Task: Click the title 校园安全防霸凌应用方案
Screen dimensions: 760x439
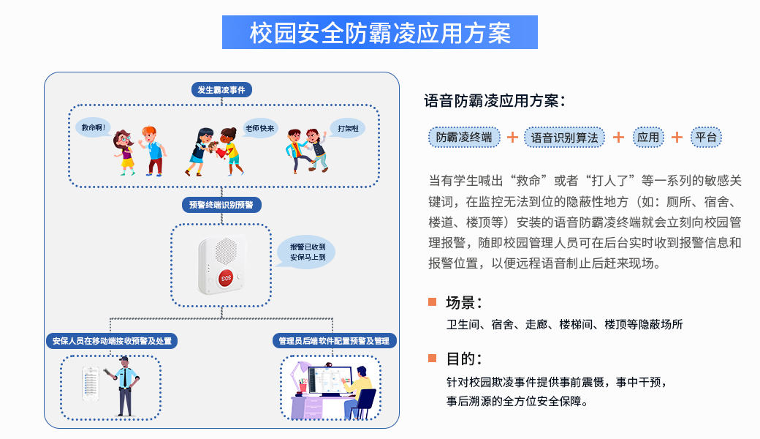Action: [380, 32]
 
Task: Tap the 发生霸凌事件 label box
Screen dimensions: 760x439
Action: [221, 90]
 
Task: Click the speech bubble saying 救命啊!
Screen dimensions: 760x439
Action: [94, 128]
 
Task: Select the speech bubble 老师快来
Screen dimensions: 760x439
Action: [260, 129]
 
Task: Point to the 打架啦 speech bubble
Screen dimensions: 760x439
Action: [348, 129]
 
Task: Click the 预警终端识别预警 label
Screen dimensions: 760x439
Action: [221, 205]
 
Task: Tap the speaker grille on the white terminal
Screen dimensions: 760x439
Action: [226, 251]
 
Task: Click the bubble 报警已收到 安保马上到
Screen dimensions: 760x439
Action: [306, 252]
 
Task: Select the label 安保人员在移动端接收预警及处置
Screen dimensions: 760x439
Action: [112, 341]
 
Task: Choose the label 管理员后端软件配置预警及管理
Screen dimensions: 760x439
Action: [334, 341]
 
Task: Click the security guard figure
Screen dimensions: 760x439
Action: [124, 386]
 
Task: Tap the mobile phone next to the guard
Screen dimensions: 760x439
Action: [91, 383]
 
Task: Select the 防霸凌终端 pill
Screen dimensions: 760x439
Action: [464, 138]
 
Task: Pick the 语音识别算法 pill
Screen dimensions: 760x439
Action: [564, 138]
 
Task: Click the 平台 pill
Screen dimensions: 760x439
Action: [706, 138]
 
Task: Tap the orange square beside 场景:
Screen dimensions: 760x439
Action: [433, 302]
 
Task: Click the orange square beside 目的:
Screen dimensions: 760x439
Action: [433, 359]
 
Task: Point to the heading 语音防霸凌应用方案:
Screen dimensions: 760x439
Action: [495, 101]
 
